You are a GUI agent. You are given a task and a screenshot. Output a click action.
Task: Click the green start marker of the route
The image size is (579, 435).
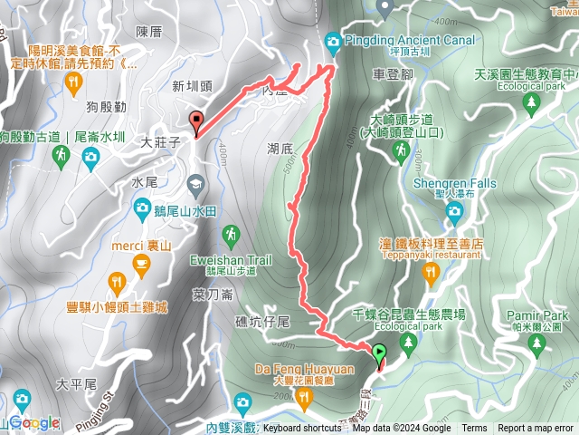click(378, 353)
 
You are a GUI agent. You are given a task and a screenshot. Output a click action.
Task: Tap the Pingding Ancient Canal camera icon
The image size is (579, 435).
click(333, 41)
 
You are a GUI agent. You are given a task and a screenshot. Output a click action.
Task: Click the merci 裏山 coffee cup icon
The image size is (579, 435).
click(140, 264)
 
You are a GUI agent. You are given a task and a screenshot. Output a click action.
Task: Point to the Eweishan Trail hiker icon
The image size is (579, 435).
click(233, 237)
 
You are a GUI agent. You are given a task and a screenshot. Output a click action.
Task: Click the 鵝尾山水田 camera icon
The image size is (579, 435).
click(142, 209)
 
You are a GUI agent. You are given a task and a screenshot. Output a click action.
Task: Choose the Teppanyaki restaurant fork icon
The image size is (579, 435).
click(430, 271)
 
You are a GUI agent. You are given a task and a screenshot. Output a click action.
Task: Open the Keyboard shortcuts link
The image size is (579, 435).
click(302, 429)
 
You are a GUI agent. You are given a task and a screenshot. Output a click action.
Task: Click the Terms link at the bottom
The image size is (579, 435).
click(474, 429)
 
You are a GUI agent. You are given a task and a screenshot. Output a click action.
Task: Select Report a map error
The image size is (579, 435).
click(536, 429)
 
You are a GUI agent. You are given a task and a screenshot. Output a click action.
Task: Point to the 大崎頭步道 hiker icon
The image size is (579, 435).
click(403, 154)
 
